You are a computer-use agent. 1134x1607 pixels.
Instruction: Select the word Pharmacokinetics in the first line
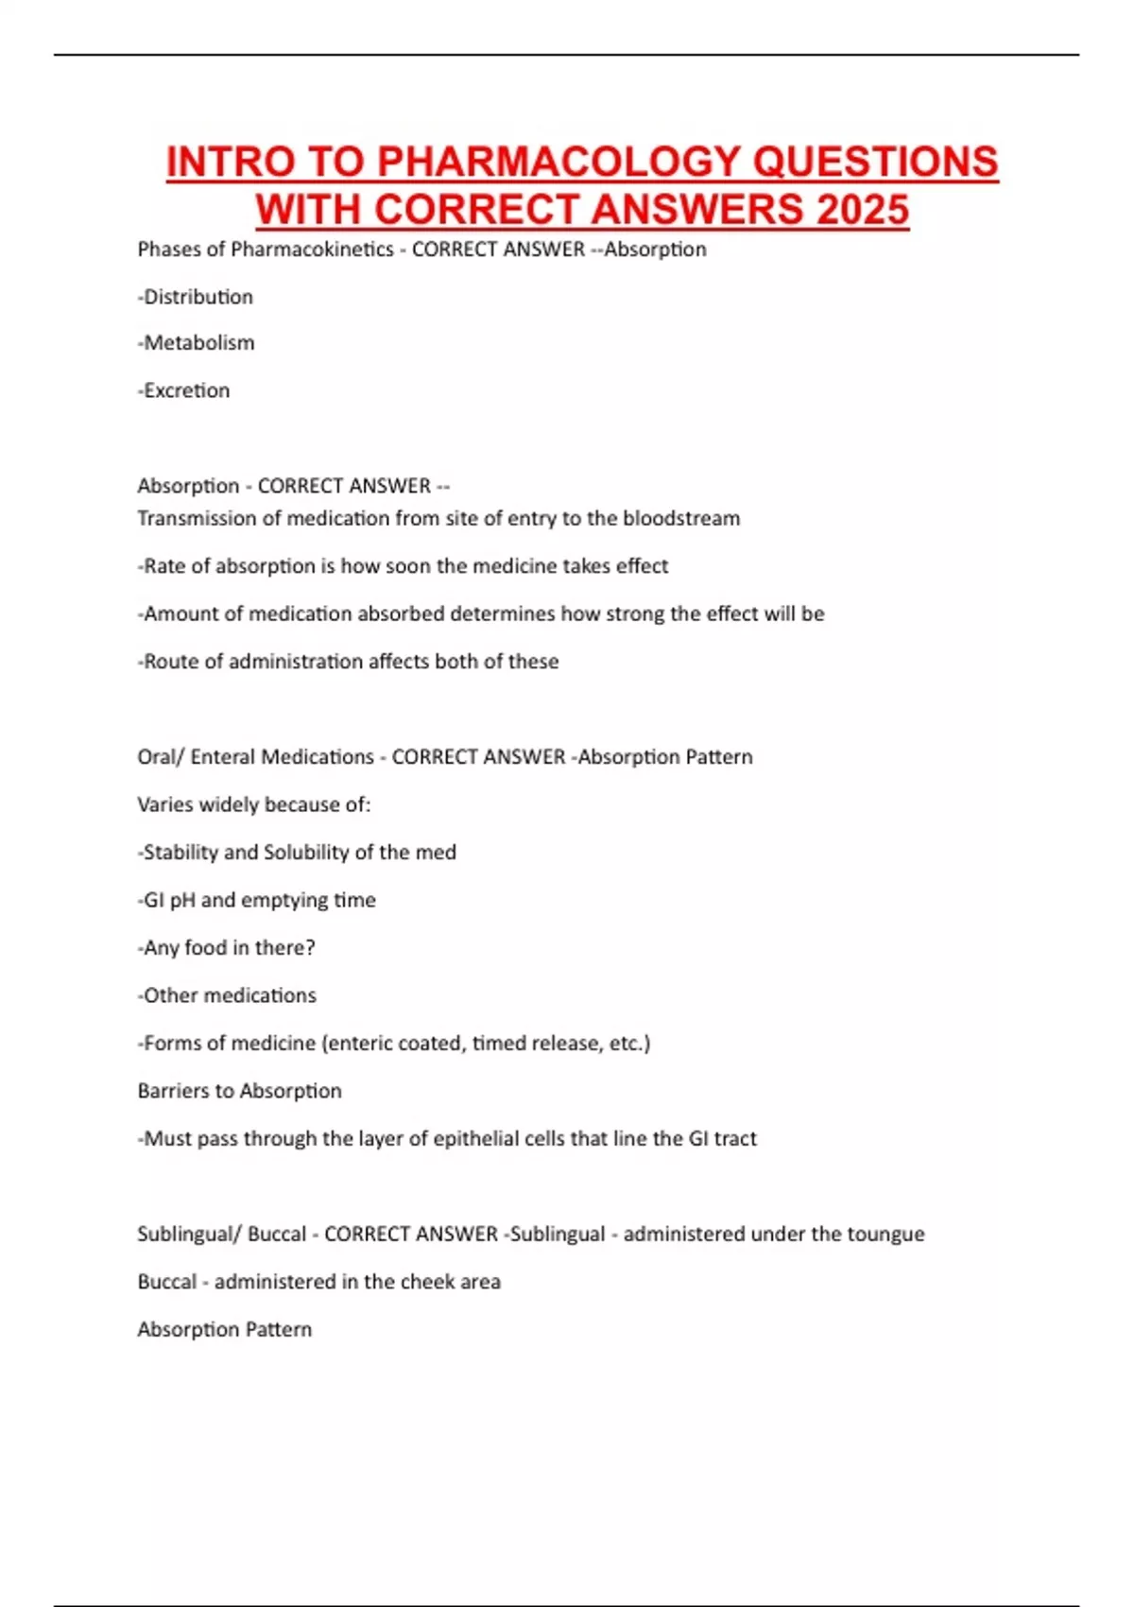312,250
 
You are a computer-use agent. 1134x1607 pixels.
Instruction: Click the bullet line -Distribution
196,297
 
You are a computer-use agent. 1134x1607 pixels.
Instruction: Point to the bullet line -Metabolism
197,343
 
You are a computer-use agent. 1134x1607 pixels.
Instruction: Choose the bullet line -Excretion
184,390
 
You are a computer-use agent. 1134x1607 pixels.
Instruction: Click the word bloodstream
681,518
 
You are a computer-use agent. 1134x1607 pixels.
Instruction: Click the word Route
167,662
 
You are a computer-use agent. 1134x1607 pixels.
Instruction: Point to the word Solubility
305,853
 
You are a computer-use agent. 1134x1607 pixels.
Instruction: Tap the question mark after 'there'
310,948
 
